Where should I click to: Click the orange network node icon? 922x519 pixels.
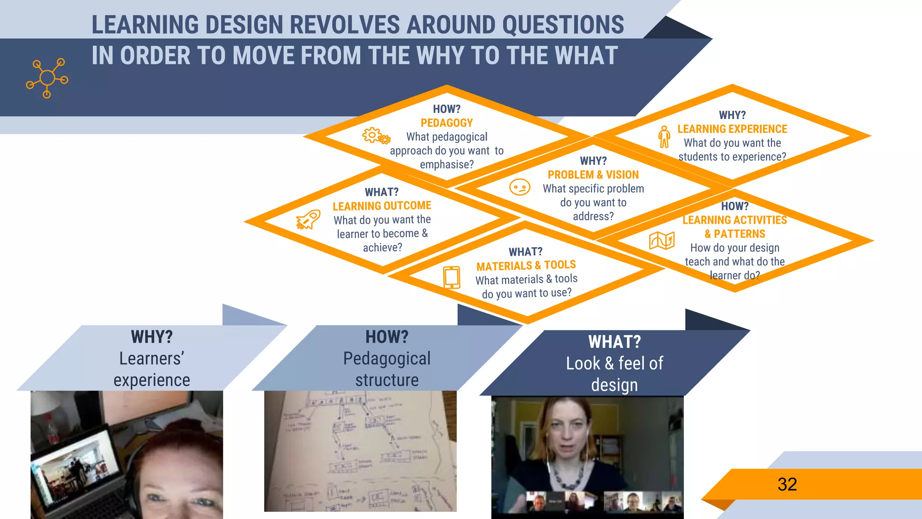pos(47,78)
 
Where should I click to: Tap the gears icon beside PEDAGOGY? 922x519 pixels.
pos(376,136)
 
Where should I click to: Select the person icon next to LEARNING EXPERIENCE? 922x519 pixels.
pos(664,137)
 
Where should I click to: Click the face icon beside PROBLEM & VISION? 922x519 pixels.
pos(520,187)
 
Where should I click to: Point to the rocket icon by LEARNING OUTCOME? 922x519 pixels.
pos(308,219)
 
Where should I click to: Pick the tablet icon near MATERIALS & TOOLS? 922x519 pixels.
pos(452,277)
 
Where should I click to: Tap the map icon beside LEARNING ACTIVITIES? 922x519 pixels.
pos(661,241)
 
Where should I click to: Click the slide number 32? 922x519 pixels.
pos(787,484)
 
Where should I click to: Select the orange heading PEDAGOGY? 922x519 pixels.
pos(447,123)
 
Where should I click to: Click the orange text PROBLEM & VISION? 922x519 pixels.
pos(593,175)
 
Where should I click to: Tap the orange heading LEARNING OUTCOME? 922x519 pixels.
pos(382,206)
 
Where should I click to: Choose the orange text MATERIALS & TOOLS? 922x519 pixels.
pos(526,265)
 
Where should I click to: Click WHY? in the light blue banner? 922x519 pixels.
pos(152,337)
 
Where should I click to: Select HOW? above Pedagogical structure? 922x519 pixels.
pos(387,337)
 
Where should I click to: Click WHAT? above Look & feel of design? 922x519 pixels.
pos(614,342)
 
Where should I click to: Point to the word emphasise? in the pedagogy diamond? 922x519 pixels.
pos(447,164)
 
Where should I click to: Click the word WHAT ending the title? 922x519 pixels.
pos(586,56)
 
